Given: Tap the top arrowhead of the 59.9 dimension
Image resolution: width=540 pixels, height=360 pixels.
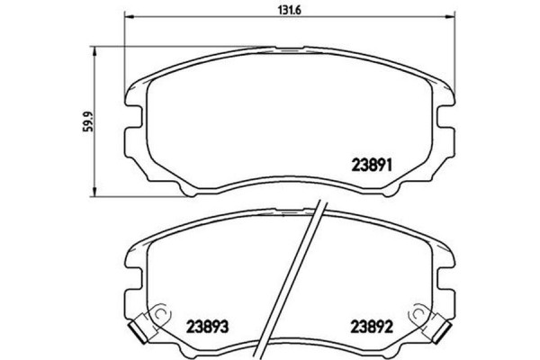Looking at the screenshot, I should [x=96, y=49].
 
